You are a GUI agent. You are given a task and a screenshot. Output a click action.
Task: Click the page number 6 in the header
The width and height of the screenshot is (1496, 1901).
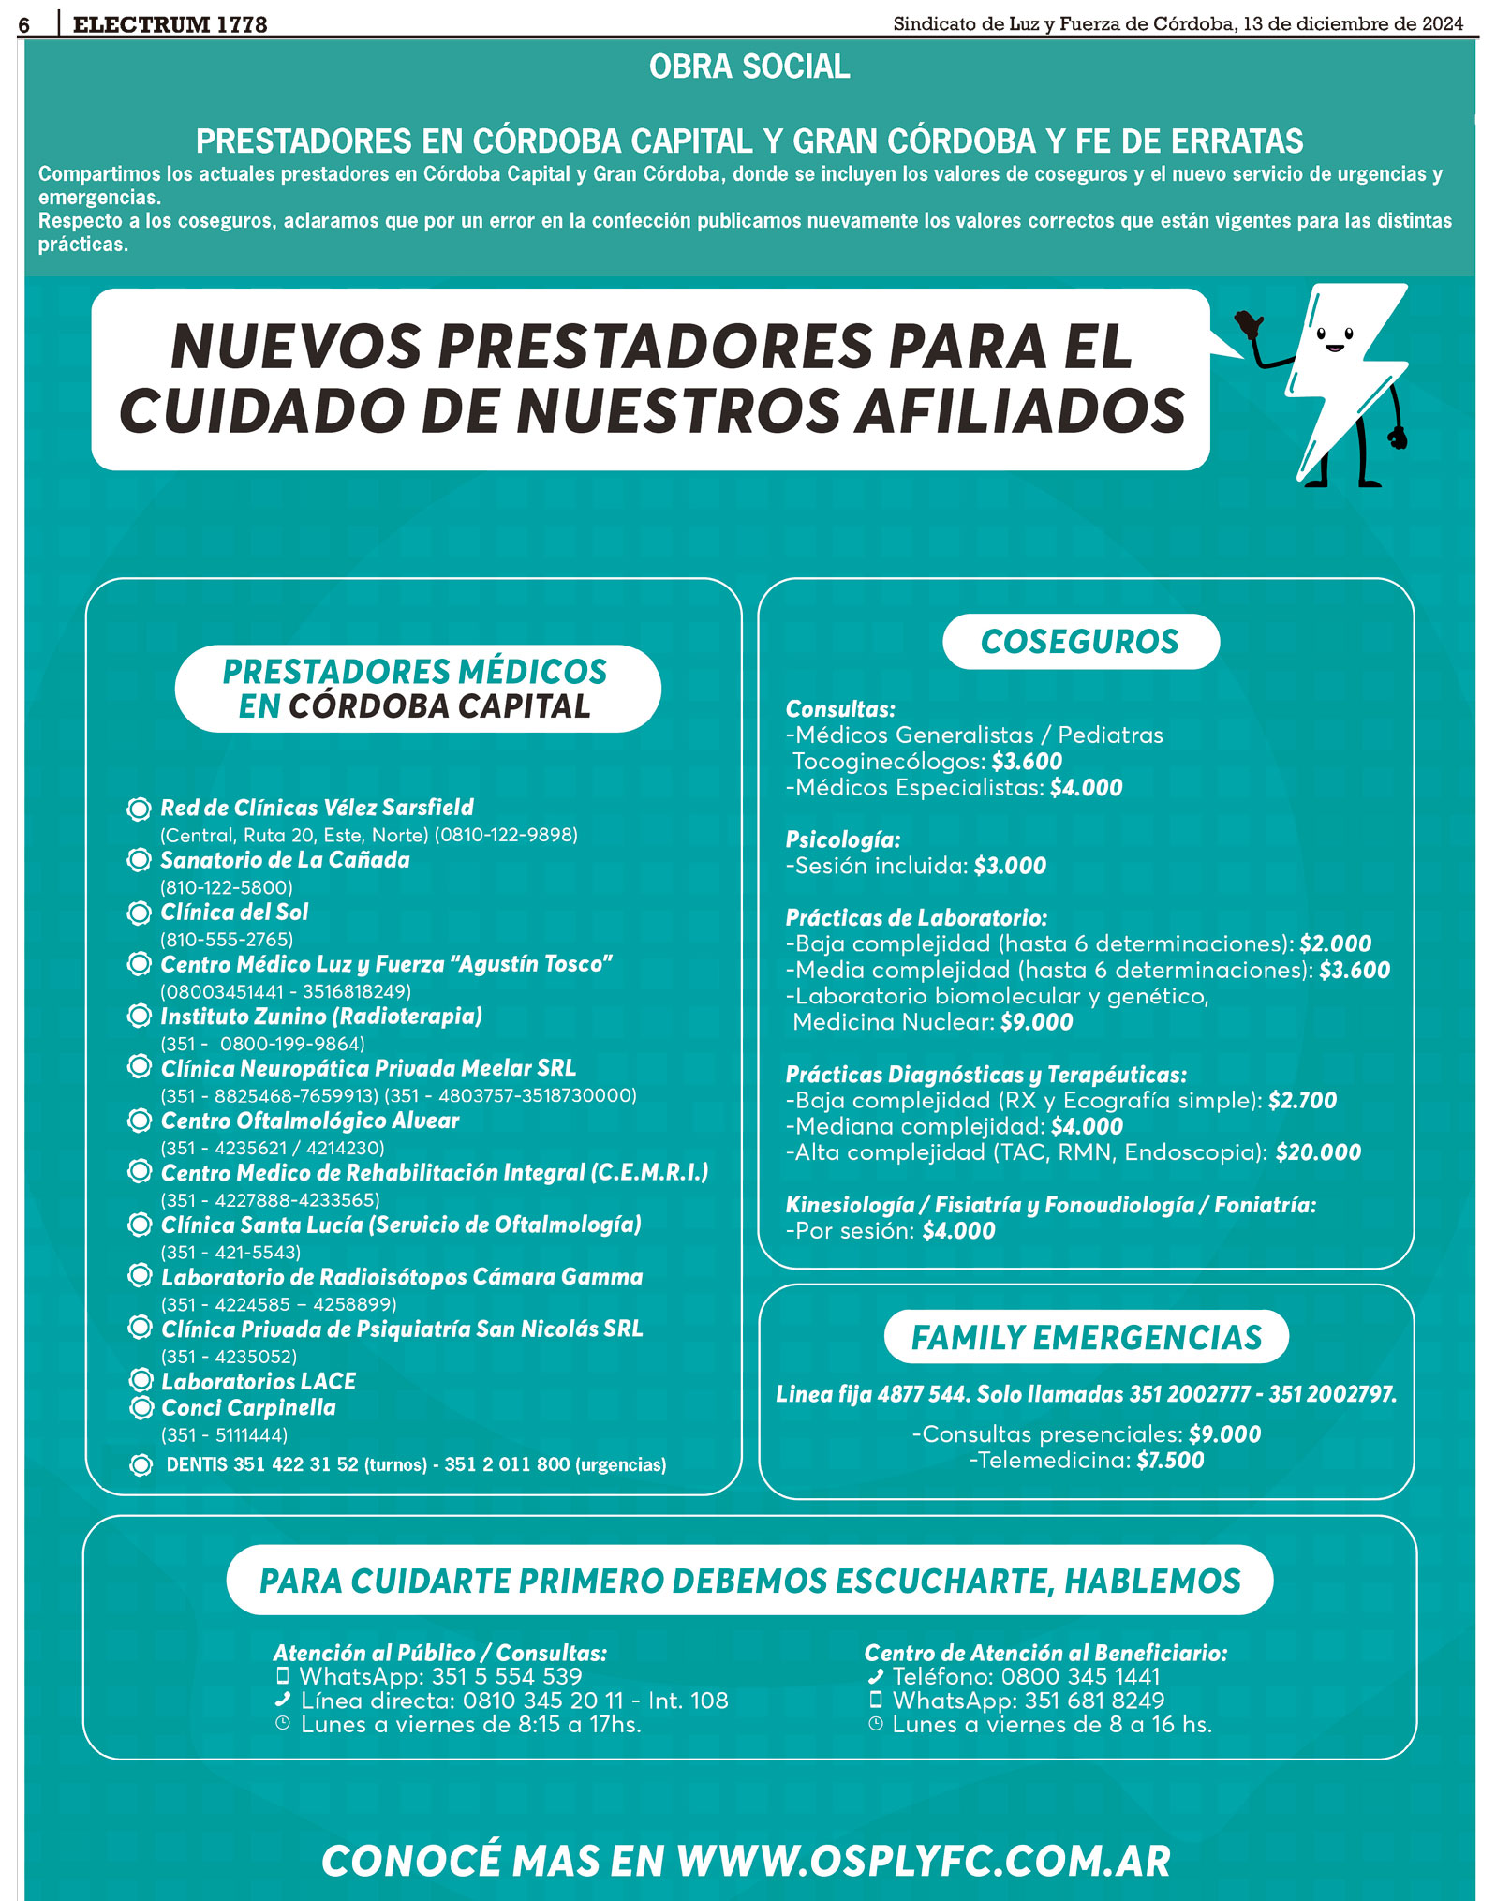click(24, 25)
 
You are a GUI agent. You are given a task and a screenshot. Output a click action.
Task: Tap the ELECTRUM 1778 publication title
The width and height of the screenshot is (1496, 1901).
click(170, 25)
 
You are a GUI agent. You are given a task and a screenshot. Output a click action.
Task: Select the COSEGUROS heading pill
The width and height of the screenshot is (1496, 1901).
click(1080, 642)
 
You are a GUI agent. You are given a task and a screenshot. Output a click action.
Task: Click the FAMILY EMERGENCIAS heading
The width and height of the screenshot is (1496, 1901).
click(1086, 1337)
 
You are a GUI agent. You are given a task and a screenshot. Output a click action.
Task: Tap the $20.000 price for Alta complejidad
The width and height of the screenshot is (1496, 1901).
click(1318, 1152)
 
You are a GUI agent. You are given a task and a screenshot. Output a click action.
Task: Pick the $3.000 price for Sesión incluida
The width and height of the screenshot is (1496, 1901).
click(1010, 866)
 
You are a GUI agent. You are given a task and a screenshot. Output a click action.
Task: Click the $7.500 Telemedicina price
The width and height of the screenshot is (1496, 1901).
click(1170, 1460)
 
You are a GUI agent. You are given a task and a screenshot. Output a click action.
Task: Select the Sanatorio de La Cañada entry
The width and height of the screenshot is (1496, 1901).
click(285, 860)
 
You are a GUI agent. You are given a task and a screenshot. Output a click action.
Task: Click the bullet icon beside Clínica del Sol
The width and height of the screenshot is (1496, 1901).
click(140, 913)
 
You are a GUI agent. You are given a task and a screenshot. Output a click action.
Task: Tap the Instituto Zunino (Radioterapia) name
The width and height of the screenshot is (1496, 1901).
click(321, 1017)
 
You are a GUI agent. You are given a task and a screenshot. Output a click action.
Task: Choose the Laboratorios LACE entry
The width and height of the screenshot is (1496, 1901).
click(259, 1381)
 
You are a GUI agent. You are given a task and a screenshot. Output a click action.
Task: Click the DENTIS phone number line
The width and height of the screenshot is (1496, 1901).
click(416, 1464)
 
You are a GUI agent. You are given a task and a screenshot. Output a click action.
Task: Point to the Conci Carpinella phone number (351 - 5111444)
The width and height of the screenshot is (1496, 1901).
click(224, 1434)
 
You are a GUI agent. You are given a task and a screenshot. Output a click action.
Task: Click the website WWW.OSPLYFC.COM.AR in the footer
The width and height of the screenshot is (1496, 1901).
click(924, 1862)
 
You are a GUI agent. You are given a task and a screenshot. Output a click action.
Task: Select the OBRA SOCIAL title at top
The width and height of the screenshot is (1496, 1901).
click(749, 67)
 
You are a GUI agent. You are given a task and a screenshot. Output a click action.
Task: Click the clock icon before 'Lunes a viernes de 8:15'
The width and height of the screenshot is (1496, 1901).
click(283, 1724)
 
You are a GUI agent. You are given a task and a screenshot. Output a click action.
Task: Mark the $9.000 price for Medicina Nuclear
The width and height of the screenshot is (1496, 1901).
click(1036, 1022)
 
